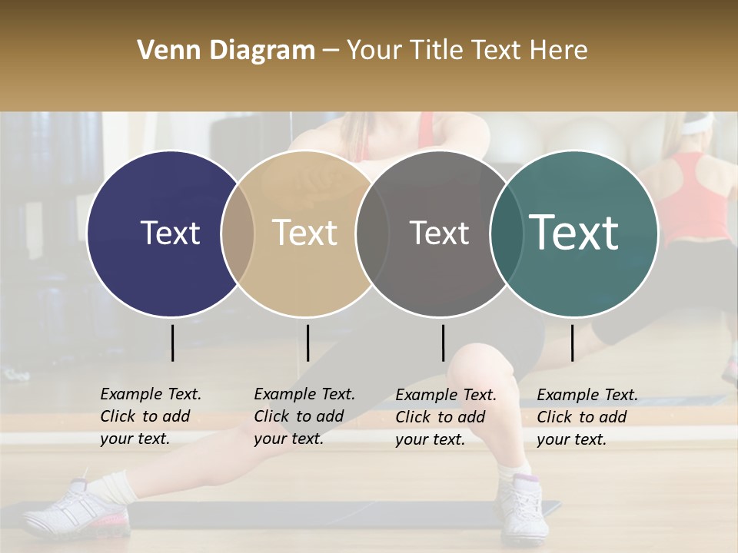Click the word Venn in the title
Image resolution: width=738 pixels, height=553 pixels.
[164, 51]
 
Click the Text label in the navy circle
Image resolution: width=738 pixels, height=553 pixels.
[170, 233]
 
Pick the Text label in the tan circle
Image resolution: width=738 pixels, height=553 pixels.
[304, 233]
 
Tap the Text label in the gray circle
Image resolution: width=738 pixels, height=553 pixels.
[439, 233]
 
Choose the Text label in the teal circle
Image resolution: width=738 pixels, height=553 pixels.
[573, 233]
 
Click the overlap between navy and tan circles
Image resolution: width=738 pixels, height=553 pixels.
[238, 233]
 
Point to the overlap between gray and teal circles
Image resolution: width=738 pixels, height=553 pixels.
[507, 233]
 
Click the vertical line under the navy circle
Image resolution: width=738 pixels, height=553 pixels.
[172, 343]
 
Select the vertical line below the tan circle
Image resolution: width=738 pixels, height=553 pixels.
[307, 343]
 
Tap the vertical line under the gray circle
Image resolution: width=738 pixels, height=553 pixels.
[443, 343]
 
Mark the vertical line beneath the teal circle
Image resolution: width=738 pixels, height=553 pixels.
[572, 343]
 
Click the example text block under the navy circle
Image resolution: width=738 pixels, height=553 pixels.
[150, 416]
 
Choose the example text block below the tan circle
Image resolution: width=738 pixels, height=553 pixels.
[304, 416]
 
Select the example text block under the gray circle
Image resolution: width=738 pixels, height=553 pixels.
[445, 417]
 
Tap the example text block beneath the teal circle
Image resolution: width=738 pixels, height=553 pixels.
[587, 417]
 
